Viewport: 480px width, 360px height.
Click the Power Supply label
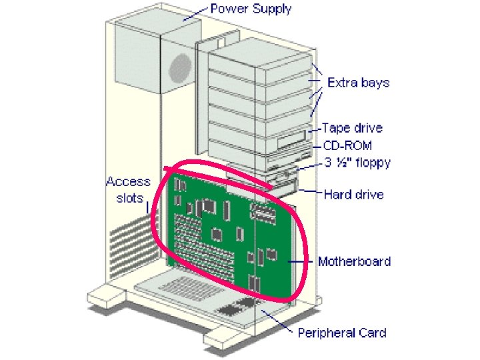pyautogui.click(x=251, y=10)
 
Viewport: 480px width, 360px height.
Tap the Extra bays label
pyautogui.click(x=358, y=83)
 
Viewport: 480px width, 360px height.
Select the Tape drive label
pyautogui.click(x=352, y=127)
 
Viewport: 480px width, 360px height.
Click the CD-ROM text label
pyautogui.click(x=347, y=145)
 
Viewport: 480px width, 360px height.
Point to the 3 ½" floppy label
pyautogui.click(x=357, y=162)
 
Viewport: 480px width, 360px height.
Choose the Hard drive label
pyautogui.click(x=353, y=195)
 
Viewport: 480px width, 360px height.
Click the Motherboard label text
pyautogui.click(x=354, y=261)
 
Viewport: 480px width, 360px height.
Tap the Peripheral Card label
pyautogui.click(x=341, y=332)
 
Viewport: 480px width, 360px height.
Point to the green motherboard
pyautogui.click(x=227, y=233)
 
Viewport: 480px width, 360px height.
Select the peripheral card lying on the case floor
pyautogui.click(x=200, y=293)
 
